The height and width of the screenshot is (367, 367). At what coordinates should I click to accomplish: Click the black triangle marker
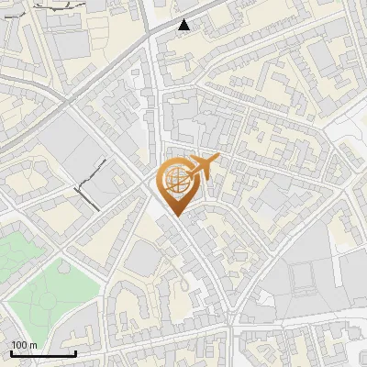tap(185, 25)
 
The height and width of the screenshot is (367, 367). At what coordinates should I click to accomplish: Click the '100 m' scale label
tap(25, 345)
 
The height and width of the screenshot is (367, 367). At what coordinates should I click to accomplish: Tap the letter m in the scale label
tap(34, 345)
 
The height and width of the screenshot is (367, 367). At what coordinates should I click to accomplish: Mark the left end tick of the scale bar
tap(11, 353)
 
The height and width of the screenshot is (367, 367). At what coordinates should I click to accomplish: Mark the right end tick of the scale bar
tap(75, 353)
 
